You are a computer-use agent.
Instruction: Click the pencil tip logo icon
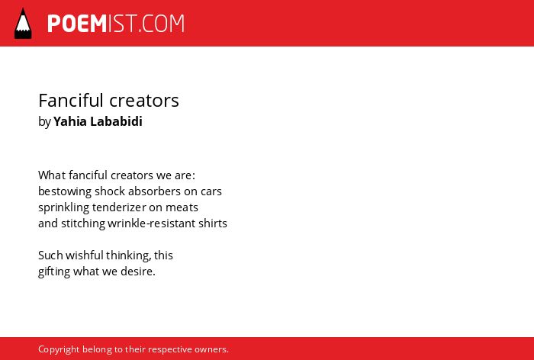[23, 24]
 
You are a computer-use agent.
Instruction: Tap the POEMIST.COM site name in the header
[116, 24]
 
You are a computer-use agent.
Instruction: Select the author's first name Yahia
[70, 121]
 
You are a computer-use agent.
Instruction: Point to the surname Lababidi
[116, 121]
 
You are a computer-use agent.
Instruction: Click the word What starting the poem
[52, 175]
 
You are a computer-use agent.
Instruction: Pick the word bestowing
[65, 191]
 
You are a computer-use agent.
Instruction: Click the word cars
[211, 191]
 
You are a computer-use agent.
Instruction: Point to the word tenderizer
[119, 207]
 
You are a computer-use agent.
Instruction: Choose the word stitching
[83, 223]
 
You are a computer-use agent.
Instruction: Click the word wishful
[85, 256]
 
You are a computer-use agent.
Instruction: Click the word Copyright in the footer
[59, 349]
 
